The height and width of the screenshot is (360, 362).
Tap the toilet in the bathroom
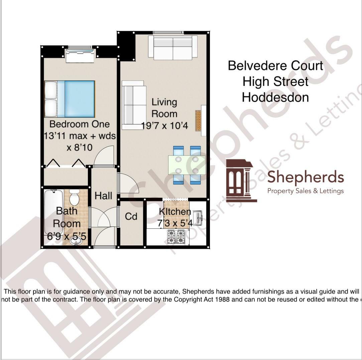coord(74,198)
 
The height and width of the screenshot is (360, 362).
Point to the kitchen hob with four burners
coord(176,237)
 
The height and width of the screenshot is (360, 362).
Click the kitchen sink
coord(198,218)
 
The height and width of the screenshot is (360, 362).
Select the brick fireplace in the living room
coord(198,120)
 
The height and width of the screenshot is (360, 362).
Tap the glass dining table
coord(187,165)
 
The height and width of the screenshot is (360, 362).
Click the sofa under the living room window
coord(173,47)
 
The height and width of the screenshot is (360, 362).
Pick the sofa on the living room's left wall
coord(134,105)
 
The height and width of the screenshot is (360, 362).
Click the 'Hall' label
coord(103,196)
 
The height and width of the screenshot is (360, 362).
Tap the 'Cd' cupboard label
coord(131,216)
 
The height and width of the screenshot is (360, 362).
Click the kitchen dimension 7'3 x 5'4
coord(175,223)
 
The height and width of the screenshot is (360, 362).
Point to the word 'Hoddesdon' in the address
coord(275,97)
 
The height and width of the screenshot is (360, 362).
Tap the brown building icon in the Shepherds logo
coord(240,181)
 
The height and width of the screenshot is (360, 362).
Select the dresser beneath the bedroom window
coord(80,56)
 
